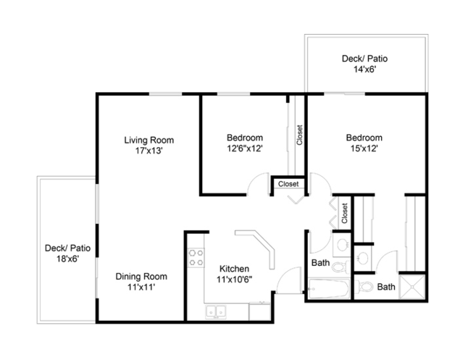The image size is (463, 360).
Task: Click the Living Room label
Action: tap(149, 140)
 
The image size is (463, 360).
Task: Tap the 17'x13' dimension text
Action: tap(149, 151)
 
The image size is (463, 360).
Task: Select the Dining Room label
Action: tap(141, 277)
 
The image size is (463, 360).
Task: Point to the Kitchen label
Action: tap(234, 269)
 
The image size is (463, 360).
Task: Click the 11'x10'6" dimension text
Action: tap(234, 280)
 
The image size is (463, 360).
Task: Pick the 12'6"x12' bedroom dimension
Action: tap(245, 148)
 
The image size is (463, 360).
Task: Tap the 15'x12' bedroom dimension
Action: tap(364, 148)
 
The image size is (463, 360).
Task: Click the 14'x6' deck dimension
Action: tap(364, 70)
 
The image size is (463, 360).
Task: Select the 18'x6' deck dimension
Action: tap(67, 259)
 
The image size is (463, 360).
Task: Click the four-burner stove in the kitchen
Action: tap(196, 258)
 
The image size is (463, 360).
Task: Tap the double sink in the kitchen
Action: tap(216, 311)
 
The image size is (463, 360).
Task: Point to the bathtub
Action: tap(329, 288)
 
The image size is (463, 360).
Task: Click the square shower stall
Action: tap(412, 287)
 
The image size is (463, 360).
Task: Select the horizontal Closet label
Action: tap(288, 184)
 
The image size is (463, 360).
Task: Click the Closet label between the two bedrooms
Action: tap(299, 135)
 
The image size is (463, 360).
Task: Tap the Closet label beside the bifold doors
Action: tap(344, 214)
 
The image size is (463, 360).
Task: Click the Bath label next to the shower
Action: tap(386, 287)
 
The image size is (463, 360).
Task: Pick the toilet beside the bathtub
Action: tap(341, 267)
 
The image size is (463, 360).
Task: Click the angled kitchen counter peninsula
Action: tap(257, 247)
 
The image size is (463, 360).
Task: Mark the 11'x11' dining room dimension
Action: tap(141, 287)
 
